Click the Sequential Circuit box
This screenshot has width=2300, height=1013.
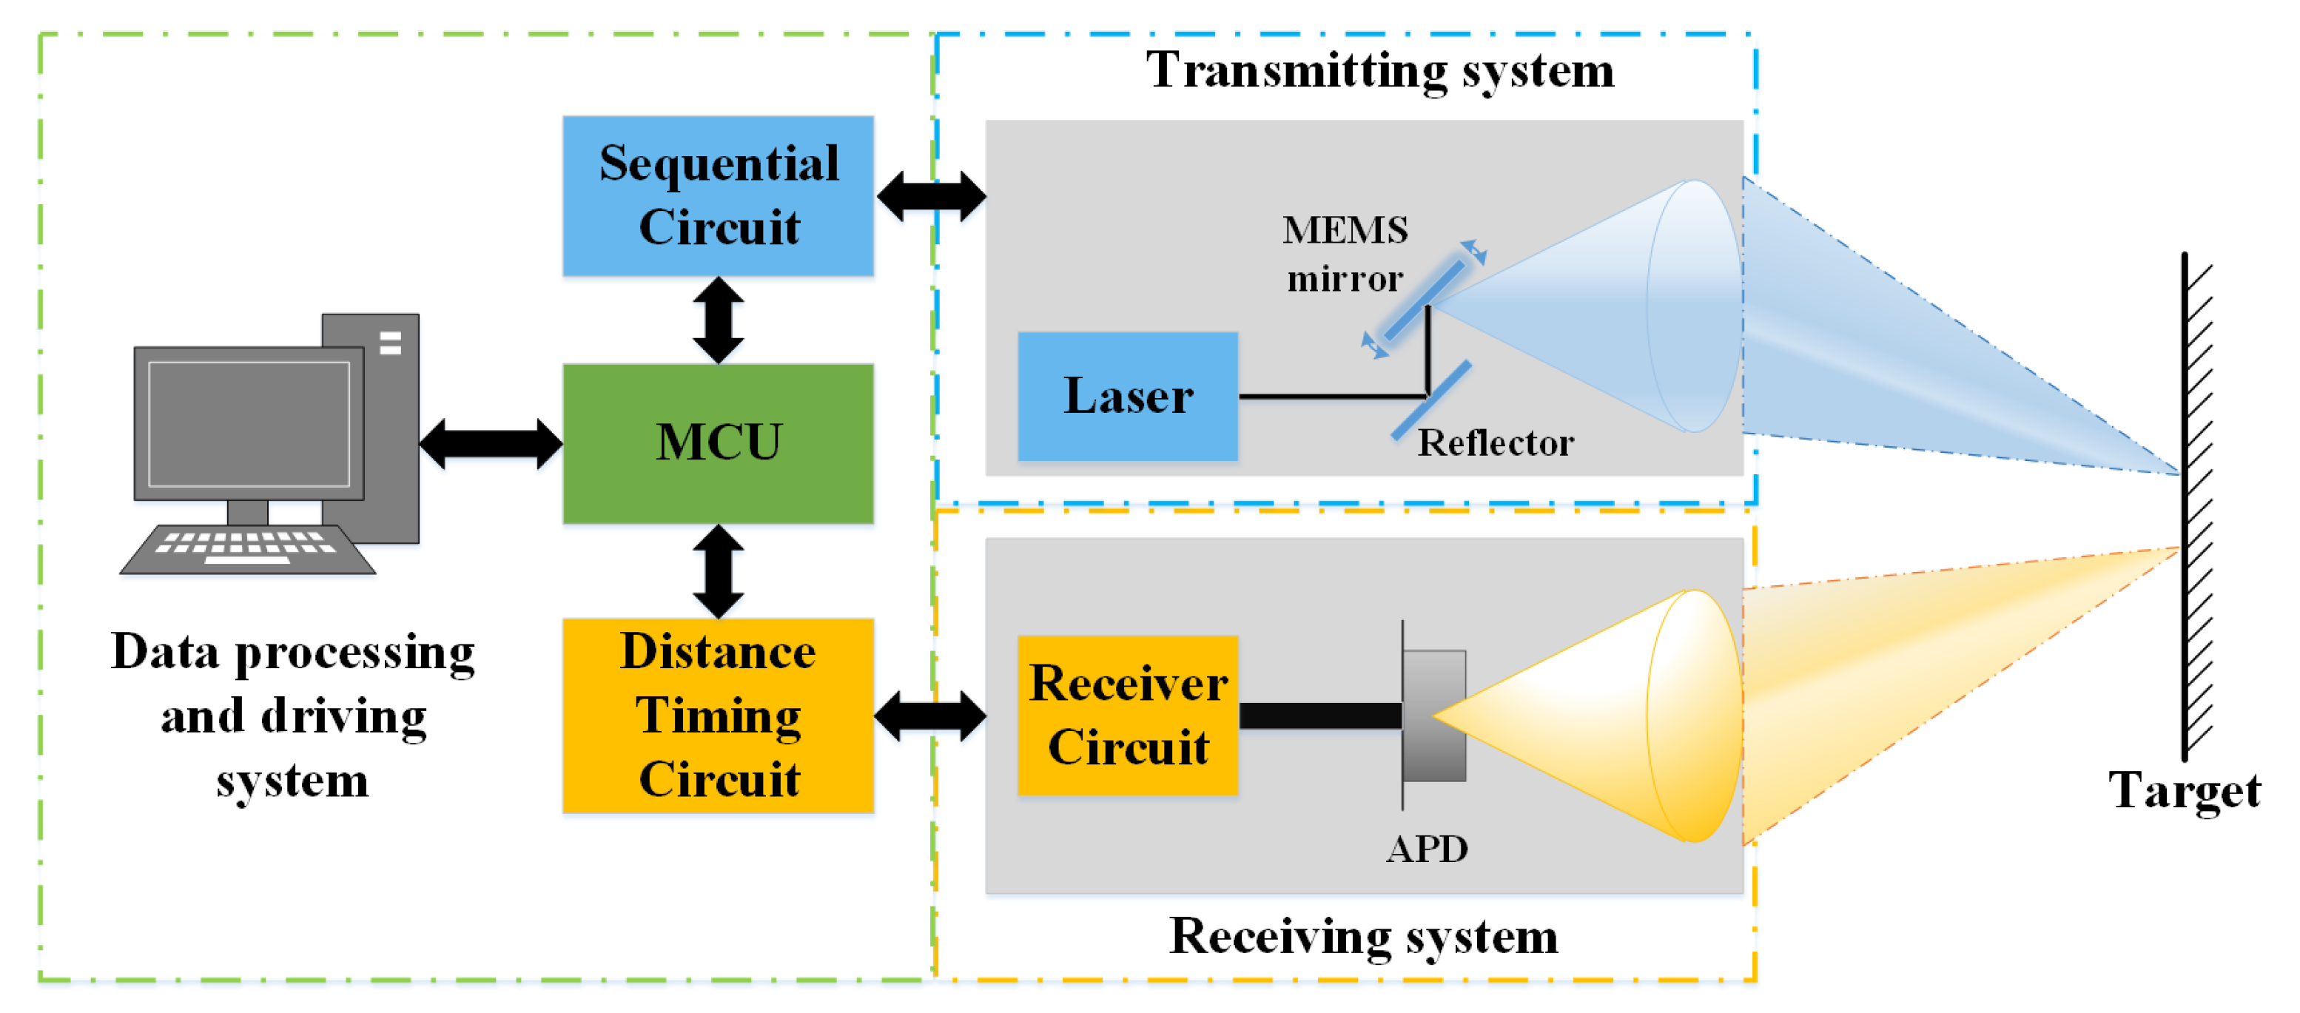[x=718, y=195]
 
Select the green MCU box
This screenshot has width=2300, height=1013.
[x=718, y=442]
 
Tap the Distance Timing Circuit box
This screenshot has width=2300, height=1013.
[x=718, y=715]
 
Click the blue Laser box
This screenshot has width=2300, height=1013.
[x=1128, y=397]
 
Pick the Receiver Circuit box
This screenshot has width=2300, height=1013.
[x=1128, y=715]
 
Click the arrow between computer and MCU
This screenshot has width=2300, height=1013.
[x=490, y=442]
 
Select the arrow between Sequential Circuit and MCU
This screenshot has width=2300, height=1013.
[x=718, y=320]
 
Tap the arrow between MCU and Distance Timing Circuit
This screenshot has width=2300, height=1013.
[x=718, y=571]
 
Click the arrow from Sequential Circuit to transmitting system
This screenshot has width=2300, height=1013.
[x=931, y=195]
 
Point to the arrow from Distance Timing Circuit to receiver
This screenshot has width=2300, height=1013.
[x=929, y=715]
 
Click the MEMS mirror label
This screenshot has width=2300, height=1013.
[x=1345, y=255]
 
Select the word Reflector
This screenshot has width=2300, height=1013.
[x=1495, y=442]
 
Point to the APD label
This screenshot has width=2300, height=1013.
[x=1426, y=849]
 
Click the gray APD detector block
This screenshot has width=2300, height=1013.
[x=1434, y=715]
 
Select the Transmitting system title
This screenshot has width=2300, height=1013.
[x=1379, y=70]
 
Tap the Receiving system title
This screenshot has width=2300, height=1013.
[x=1363, y=936]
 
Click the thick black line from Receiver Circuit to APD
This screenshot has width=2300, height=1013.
[x=1319, y=715]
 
